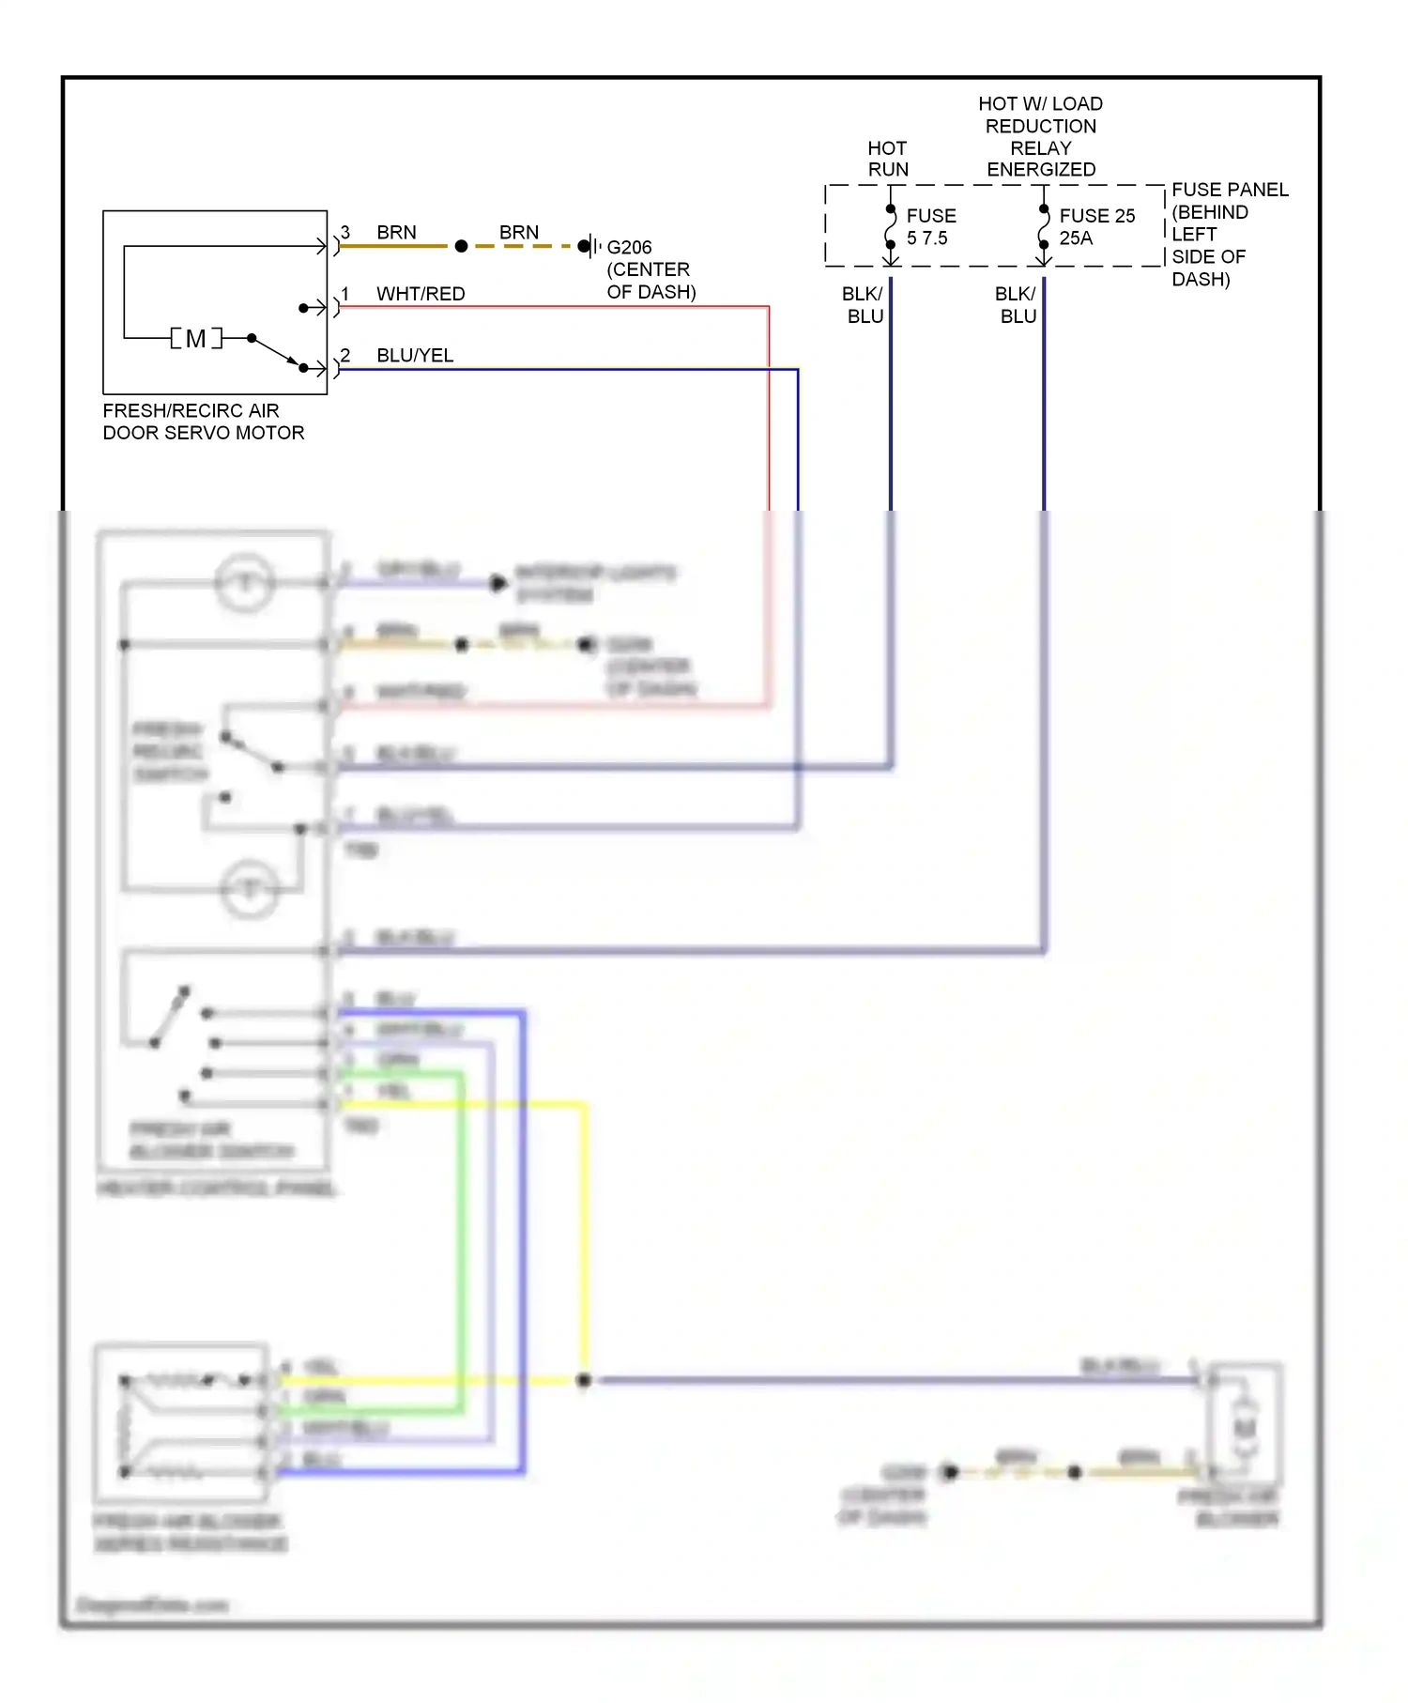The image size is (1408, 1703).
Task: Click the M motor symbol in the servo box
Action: pos(196,338)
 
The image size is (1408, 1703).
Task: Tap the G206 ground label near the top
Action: pos(629,248)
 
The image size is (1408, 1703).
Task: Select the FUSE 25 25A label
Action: pos(1096,227)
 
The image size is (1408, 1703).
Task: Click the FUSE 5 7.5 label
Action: pos(930,227)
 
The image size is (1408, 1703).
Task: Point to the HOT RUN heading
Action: pos(887,160)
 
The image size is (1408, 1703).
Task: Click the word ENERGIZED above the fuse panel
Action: pos(1041,170)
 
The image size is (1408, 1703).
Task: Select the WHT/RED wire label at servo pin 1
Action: pos(421,294)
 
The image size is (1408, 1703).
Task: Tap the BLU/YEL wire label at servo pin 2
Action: pos(415,356)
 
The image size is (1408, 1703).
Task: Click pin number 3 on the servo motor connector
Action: pos(345,232)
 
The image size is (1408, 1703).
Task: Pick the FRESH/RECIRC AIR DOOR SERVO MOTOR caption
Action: pos(203,422)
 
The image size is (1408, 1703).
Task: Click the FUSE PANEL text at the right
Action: pos(1230,191)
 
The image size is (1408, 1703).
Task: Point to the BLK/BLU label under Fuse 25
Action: pos(1017,305)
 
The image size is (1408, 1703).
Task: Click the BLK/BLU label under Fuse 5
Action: pos(864,305)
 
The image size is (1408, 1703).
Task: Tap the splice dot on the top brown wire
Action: pos(461,246)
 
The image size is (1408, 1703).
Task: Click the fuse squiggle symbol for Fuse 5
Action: pos(891,226)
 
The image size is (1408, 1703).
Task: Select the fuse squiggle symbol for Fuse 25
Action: pos(1044,226)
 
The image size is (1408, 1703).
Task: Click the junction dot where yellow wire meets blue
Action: pos(584,1380)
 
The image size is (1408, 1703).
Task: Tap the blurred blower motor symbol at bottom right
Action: pos(1245,1427)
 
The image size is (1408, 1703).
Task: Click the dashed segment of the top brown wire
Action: pos(521,246)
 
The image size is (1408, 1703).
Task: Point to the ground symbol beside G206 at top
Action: pos(589,246)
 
